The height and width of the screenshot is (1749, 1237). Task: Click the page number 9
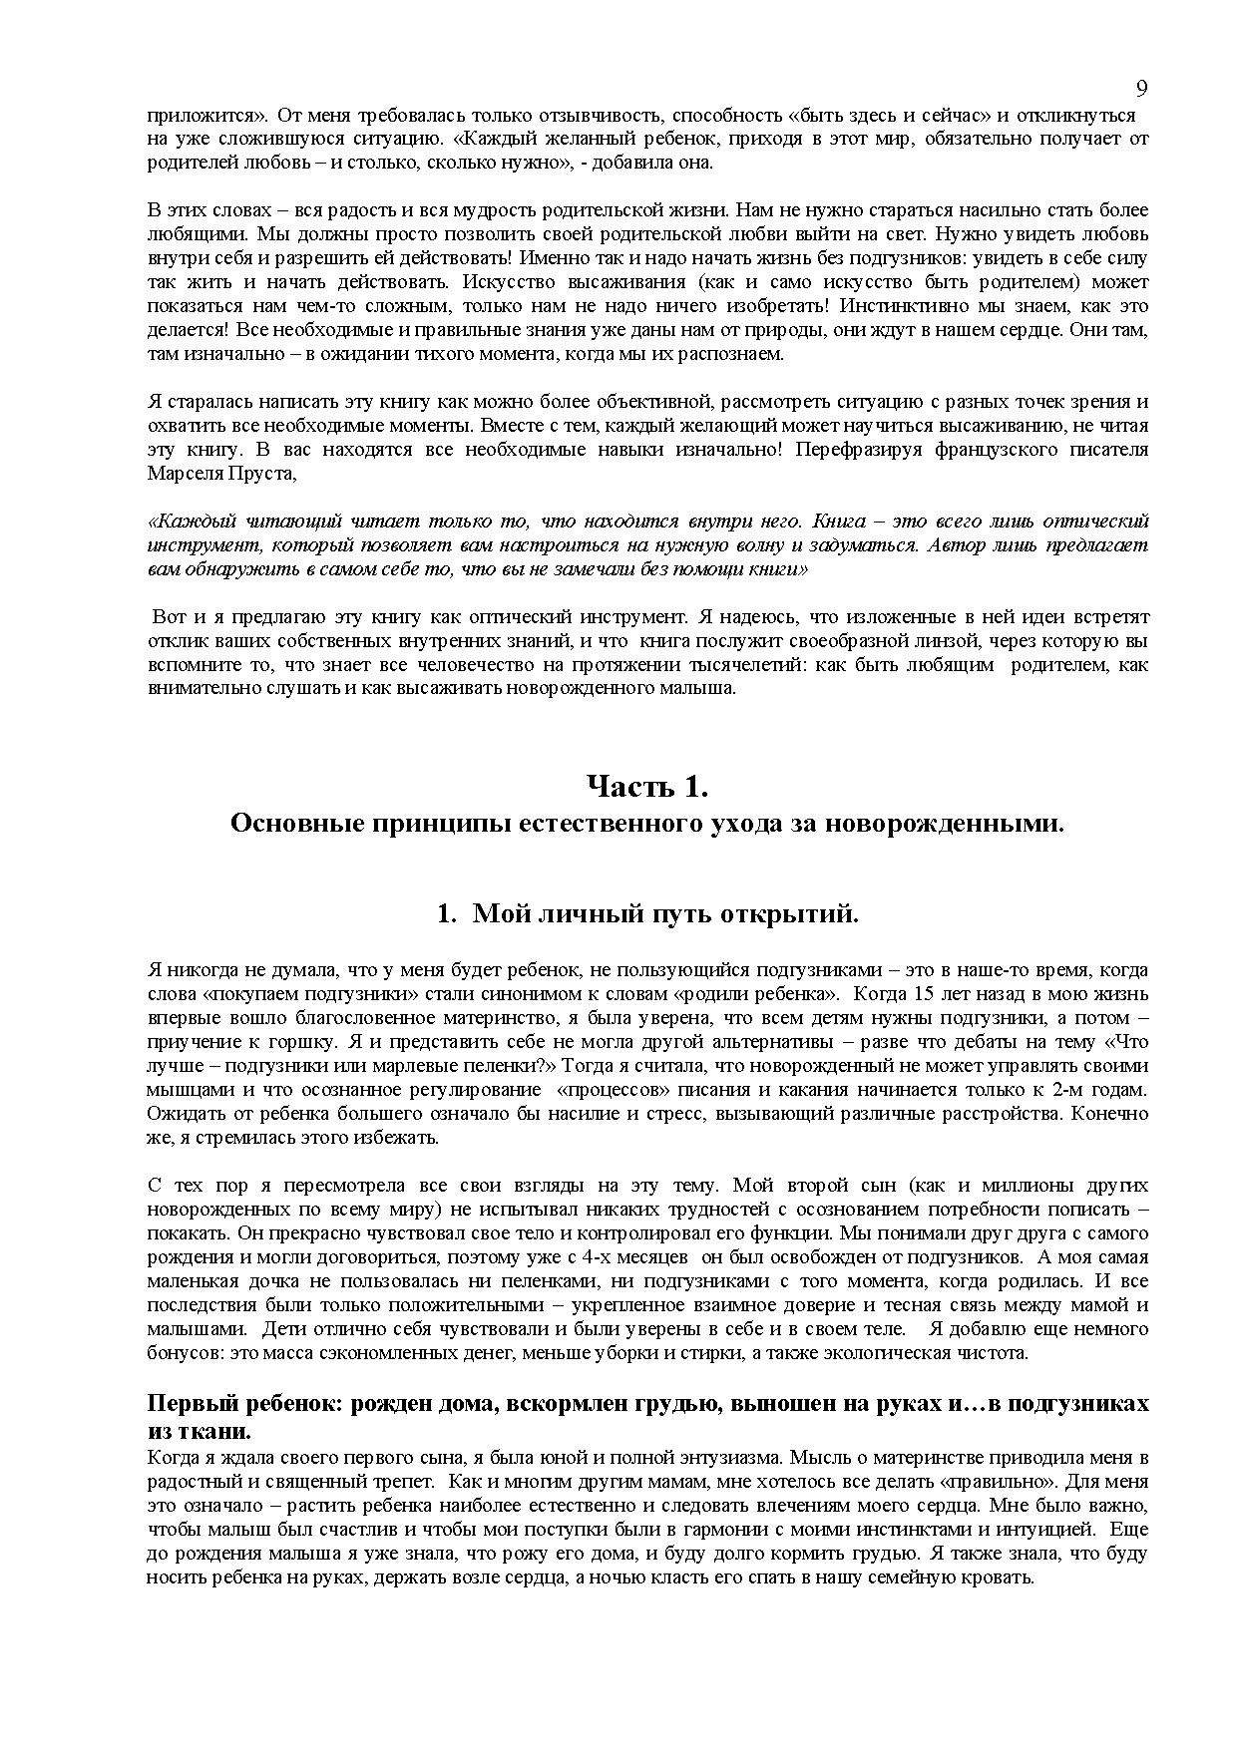coord(1142,89)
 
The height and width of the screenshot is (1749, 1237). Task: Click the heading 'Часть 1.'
coord(646,787)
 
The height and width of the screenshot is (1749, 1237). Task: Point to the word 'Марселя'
coord(184,473)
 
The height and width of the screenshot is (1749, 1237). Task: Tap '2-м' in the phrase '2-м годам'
coord(1070,1090)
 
